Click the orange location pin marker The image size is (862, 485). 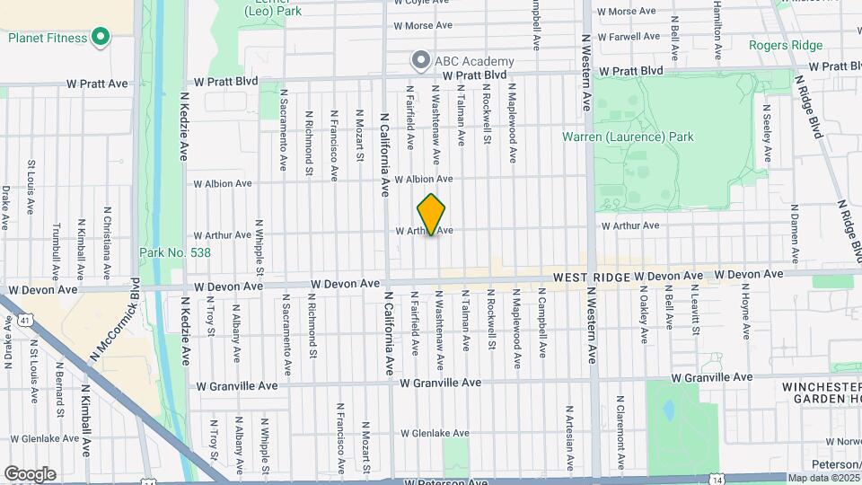(x=432, y=214)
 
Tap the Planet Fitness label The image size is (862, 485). (x=48, y=38)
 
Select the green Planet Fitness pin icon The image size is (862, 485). (x=101, y=38)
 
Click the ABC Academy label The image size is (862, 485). (x=474, y=61)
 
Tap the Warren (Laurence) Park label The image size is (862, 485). (x=628, y=137)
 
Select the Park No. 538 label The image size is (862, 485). (x=175, y=253)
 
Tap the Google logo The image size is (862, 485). (x=30, y=473)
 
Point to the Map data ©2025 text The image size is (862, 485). (x=821, y=477)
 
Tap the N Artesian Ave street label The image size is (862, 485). (x=569, y=437)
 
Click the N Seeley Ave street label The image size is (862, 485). (x=768, y=133)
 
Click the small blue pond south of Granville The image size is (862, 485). (x=668, y=410)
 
